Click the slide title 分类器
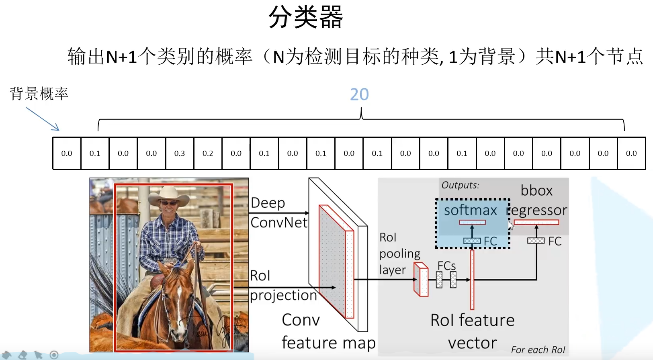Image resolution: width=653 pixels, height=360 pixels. coord(305,17)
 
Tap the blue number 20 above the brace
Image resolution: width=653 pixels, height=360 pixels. coord(359,94)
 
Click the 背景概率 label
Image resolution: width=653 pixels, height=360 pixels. coord(39,94)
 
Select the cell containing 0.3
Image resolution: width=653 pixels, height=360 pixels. coord(180,153)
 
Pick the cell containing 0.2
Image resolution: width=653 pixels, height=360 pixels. coord(208,153)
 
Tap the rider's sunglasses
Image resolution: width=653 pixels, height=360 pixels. coord(168,203)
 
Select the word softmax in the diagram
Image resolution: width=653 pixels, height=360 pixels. coord(470,210)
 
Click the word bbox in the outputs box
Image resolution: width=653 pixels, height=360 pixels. coord(536,190)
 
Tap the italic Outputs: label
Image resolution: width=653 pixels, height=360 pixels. coord(460,185)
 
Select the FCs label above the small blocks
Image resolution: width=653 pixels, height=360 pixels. coord(446,266)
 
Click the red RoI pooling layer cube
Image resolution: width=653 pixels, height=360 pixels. coord(421,280)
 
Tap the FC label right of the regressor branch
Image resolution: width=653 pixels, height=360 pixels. coord(555,241)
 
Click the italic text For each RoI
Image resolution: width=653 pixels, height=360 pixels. coord(538,350)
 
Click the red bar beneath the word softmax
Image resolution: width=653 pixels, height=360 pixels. coord(472,222)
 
